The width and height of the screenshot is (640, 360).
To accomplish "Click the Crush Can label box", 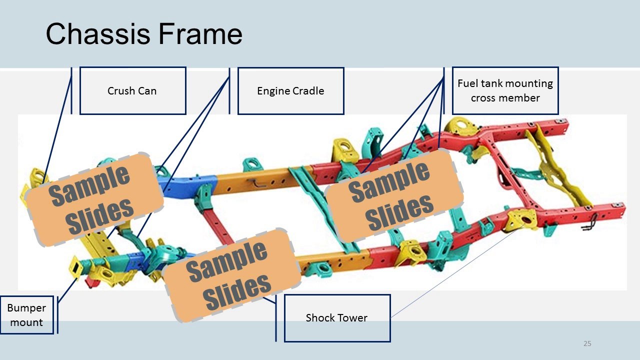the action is pyautogui.click(x=133, y=91).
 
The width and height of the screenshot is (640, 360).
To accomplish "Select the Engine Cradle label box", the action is pyautogui.click(x=291, y=91).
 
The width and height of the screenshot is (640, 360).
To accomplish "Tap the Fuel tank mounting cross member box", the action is pyautogui.click(x=505, y=90).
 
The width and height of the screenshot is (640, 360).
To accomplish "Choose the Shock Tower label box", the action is pyautogui.click(x=337, y=318).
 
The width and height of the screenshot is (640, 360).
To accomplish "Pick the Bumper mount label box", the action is pyautogui.click(x=26, y=315).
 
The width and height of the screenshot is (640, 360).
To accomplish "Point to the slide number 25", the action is pyautogui.click(x=587, y=343).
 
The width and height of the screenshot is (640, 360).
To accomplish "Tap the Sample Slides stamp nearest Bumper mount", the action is pyautogui.click(x=94, y=199).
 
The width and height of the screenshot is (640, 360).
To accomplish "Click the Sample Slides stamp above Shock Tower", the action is pyautogui.click(x=231, y=275).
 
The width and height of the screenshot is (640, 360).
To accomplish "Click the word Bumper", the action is pyautogui.click(x=26, y=307).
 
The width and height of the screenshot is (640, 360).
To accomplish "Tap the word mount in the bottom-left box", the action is pyautogui.click(x=26, y=322).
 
